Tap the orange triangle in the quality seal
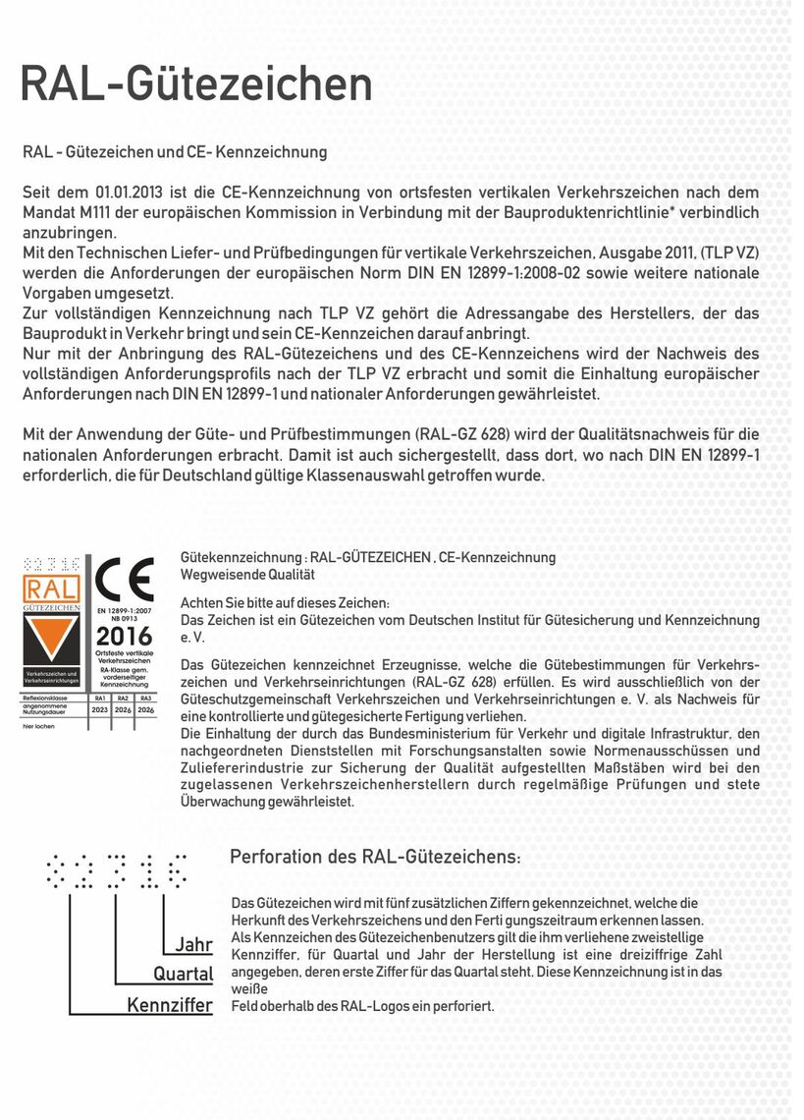(53, 643)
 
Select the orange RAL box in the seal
(53, 590)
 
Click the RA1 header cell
(99, 697)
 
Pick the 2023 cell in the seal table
(99, 708)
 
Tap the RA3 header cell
(146, 697)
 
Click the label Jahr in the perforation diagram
(193, 945)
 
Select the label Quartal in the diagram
(183, 975)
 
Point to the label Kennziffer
(170, 1005)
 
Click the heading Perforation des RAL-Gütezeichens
(375, 857)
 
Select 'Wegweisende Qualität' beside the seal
(247, 574)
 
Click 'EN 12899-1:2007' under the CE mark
(124, 610)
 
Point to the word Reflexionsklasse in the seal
(45, 697)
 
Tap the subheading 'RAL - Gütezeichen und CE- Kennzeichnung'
(175, 152)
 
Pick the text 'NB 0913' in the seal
(124, 618)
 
